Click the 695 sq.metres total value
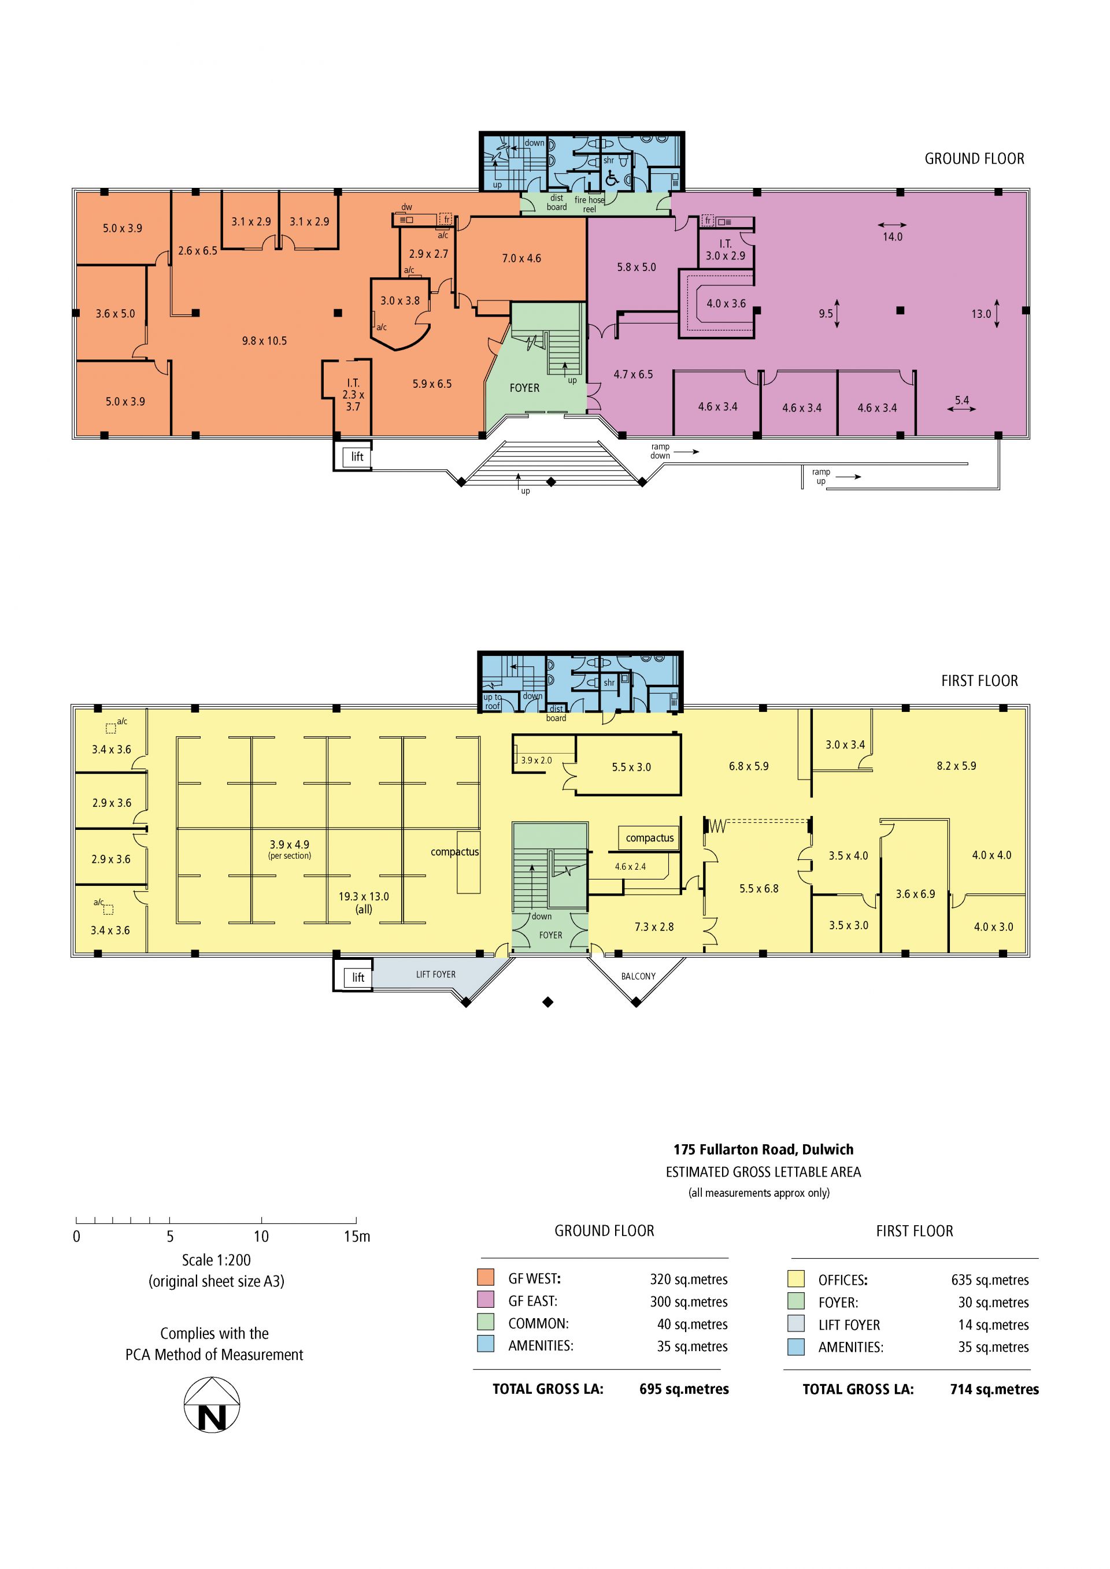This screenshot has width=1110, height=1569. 684,1389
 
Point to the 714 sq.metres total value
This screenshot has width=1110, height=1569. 994,1389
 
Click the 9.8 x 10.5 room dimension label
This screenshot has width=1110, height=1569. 265,341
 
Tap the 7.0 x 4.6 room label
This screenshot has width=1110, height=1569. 521,258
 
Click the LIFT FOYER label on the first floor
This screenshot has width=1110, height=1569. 436,974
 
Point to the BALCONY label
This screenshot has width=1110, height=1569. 638,977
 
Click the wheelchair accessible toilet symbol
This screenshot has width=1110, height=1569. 612,179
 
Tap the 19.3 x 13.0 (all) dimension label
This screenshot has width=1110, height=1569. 364,903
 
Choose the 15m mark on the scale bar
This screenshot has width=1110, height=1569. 357,1236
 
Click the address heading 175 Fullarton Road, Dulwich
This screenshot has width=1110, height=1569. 764,1149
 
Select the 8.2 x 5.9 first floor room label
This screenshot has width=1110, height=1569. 956,766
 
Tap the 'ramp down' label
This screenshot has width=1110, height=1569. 660,451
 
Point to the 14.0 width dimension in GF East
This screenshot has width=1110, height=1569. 893,236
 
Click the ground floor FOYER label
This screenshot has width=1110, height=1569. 524,388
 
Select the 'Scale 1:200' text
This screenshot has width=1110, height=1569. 216,1260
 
